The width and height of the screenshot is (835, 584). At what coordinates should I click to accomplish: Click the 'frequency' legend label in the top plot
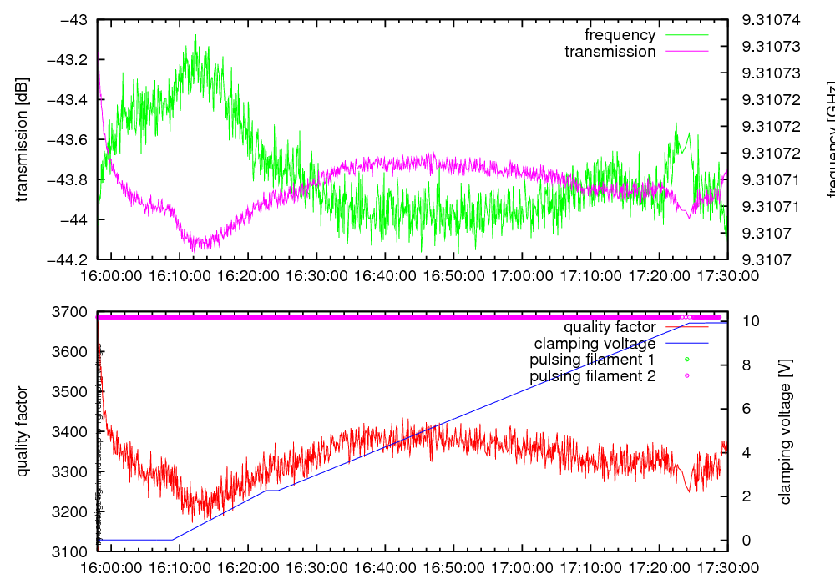(x=620, y=35)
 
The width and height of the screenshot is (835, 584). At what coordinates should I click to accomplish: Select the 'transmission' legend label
(x=610, y=52)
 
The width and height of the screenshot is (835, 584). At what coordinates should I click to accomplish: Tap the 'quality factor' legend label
(x=610, y=327)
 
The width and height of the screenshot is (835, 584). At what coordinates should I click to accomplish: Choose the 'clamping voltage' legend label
(x=595, y=344)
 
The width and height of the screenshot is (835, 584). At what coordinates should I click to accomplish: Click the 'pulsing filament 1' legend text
(x=592, y=360)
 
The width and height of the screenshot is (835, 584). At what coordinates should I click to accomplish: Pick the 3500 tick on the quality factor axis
(x=71, y=392)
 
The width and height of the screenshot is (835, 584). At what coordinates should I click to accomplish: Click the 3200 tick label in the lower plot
(x=71, y=512)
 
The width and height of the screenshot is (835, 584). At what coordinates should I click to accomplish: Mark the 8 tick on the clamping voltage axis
(x=745, y=365)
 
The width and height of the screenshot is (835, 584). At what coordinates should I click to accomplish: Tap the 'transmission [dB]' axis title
(x=23, y=139)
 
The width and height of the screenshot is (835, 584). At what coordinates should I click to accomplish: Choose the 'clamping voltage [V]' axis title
(x=784, y=432)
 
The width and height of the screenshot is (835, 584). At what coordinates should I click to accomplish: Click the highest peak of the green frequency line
(x=196, y=35)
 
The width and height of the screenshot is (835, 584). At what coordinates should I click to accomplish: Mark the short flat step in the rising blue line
(x=272, y=491)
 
